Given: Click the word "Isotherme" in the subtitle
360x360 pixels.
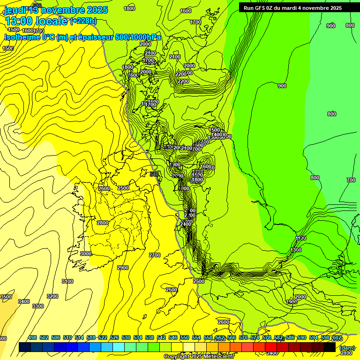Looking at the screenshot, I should click(21, 37).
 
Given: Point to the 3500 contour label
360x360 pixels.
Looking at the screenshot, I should click(6, 297).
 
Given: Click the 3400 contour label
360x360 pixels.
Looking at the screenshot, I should click(24, 301).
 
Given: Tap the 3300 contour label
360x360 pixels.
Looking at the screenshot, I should click(38, 306).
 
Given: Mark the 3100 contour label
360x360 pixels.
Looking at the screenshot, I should click(67, 281).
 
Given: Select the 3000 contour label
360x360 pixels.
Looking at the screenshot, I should click(86, 254).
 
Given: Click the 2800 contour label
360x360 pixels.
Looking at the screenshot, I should click(103, 223).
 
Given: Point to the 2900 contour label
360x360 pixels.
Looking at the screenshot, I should click(123, 268).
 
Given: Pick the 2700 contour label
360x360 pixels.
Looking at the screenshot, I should click(154, 255).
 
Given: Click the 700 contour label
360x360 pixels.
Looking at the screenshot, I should click(351, 180).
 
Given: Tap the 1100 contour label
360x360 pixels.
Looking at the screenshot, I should click(301, 238).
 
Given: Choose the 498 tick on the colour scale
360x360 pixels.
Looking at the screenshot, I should click(32, 337).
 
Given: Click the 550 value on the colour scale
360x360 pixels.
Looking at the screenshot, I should click(185, 337).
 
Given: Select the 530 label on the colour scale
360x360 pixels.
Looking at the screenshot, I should click(126, 337).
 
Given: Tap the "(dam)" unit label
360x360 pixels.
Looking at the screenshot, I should click(347, 348).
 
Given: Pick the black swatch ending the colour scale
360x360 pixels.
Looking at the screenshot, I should click(329, 347).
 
